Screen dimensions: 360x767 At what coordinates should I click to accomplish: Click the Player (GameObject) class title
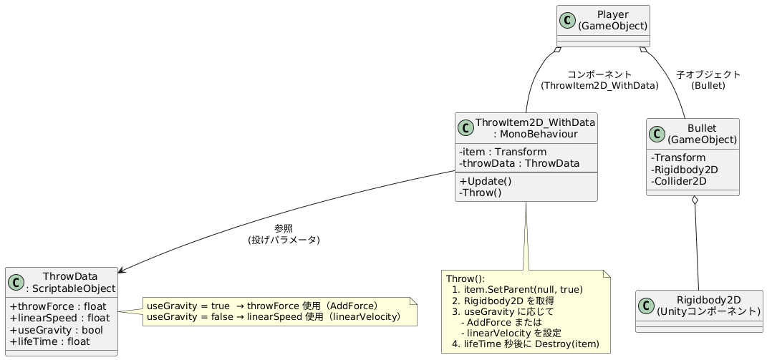(x=612, y=20)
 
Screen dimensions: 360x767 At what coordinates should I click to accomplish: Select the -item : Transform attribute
(x=503, y=152)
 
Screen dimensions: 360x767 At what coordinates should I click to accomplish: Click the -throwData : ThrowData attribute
(x=519, y=164)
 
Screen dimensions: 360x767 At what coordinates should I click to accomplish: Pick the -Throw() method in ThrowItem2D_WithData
(x=481, y=193)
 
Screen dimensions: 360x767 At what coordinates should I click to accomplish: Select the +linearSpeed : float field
(x=59, y=318)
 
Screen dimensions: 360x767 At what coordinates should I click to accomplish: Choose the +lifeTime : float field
(x=49, y=342)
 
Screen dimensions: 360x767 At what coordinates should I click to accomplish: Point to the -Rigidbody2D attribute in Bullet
(x=685, y=170)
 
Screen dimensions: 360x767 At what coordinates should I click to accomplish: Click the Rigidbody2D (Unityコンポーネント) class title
(x=708, y=306)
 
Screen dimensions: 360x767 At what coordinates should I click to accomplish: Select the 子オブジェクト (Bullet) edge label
(x=708, y=79)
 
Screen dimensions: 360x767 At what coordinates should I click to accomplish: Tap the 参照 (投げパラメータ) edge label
(x=284, y=234)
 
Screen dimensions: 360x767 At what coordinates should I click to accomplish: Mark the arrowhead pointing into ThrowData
(x=121, y=271)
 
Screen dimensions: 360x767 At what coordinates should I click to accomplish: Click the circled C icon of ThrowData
(x=18, y=283)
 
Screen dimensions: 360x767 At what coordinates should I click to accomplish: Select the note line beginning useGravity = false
(x=273, y=317)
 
